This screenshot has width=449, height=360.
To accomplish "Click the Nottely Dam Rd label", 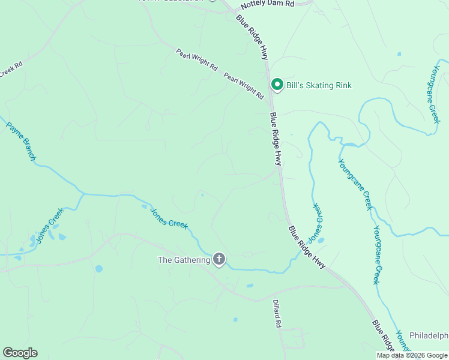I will [x=267, y=5].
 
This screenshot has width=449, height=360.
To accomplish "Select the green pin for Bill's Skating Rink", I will [x=277, y=85].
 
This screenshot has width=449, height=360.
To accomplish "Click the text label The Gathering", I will [x=184, y=260].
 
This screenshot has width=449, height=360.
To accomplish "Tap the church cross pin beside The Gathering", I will [x=220, y=259].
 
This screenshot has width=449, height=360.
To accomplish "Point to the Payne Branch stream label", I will [x=22, y=142].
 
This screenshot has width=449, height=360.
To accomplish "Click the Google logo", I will [x=20, y=353].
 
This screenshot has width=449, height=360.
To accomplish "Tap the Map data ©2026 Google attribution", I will [x=412, y=355].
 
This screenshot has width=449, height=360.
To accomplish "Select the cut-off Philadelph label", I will [x=429, y=335].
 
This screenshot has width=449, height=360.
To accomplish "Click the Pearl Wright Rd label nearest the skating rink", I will [x=244, y=86].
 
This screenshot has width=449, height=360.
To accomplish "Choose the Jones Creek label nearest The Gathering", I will [x=169, y=218].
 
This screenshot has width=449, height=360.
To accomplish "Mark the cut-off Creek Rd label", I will [x=11, y=70].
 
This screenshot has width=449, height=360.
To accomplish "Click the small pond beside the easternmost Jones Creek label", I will [x=321, y=241].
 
